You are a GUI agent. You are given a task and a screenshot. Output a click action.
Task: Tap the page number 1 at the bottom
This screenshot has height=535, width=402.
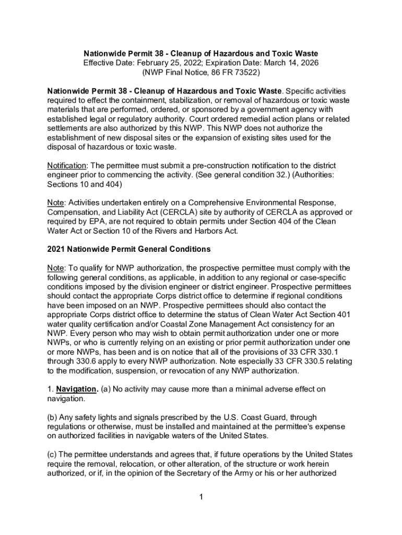pyautogui.click(x=200, y=497)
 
